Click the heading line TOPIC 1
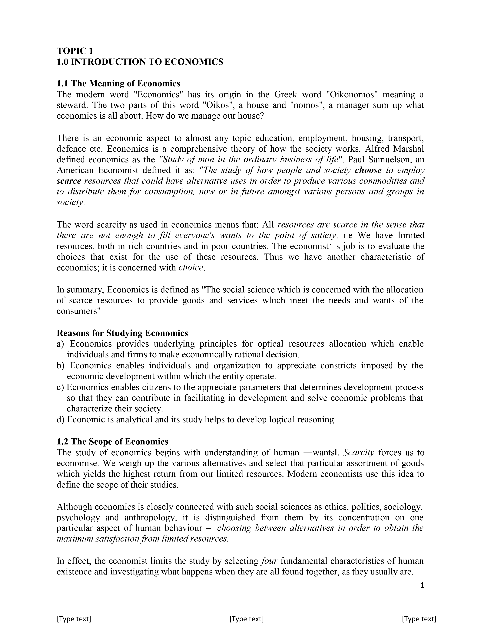[x=75, y=51]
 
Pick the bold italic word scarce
[x=69, y=181]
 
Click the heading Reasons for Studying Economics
[x=122, y=333]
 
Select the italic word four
[x=269, y=561]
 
